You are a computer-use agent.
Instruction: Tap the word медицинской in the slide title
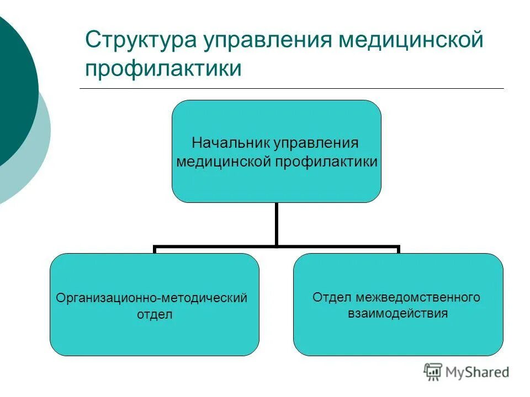pyautogui.click(x=411, y=42)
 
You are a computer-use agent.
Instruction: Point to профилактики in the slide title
pyautogui.click(x=163, y=69)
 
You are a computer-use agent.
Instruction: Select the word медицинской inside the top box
pyautogui.click(x=222, y=162)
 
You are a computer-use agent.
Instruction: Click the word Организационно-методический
pyautogui.click(x=152, y=298)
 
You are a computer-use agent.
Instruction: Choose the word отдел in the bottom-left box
pyautogui.click(x=155, y=315)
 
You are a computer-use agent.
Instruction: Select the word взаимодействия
pyautogui.click(x=397, y=314)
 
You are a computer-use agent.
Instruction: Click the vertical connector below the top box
pyautogui.click(x=276, y=223)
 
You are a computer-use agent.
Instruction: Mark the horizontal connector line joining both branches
pyautogui.click(x=221, y=247)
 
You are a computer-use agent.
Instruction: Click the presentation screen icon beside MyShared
pyautogui.click(x=433, y=372)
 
